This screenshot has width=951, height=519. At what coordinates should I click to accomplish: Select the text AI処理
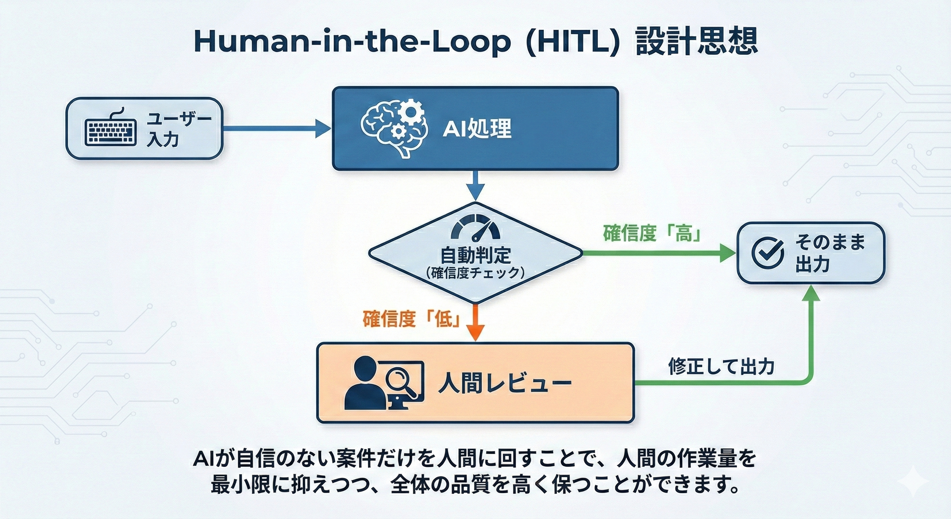pyautogui.click(x=477, y=129)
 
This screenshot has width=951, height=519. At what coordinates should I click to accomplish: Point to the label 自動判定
pyautogui.click(x=475, y=254)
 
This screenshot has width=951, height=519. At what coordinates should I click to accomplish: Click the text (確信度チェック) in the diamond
pyautogui.click(x=475, y=273)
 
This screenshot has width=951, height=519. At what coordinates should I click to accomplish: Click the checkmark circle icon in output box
pyautogui.click(x=768, y=253)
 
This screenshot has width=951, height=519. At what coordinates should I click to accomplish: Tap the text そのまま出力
pyautogui.click(x=829, y=253)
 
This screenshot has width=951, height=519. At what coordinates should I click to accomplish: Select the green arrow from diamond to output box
pyautogui.click(x=657, y=253)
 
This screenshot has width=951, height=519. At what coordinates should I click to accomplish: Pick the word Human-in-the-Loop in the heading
pyautogui.click(x=353, y=41)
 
